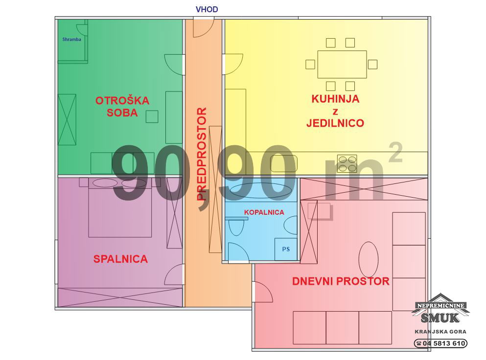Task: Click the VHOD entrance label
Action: [x=207, y=9]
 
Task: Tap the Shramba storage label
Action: [x=71, y=39]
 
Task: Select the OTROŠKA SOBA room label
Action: [x=122, y=107]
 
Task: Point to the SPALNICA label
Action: [x=120, y=259]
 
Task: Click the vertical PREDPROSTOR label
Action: [x=202, y=154]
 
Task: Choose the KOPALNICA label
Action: [x=264, y=213]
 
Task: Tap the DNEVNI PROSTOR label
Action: [x=341, y=281]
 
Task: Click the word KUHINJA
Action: [x=335, y=99]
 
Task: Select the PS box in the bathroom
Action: [x=286, y=249]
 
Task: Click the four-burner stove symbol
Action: [x=347, y=163]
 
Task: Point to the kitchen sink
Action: [x=283, y=163]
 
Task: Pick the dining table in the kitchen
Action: [x=342, y=65]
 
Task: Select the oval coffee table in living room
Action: [x=368, y=260]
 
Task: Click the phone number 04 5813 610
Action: [x=443, y=343]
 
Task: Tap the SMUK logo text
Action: [x=440, y=317]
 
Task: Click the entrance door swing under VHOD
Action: [x=204, y=27]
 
